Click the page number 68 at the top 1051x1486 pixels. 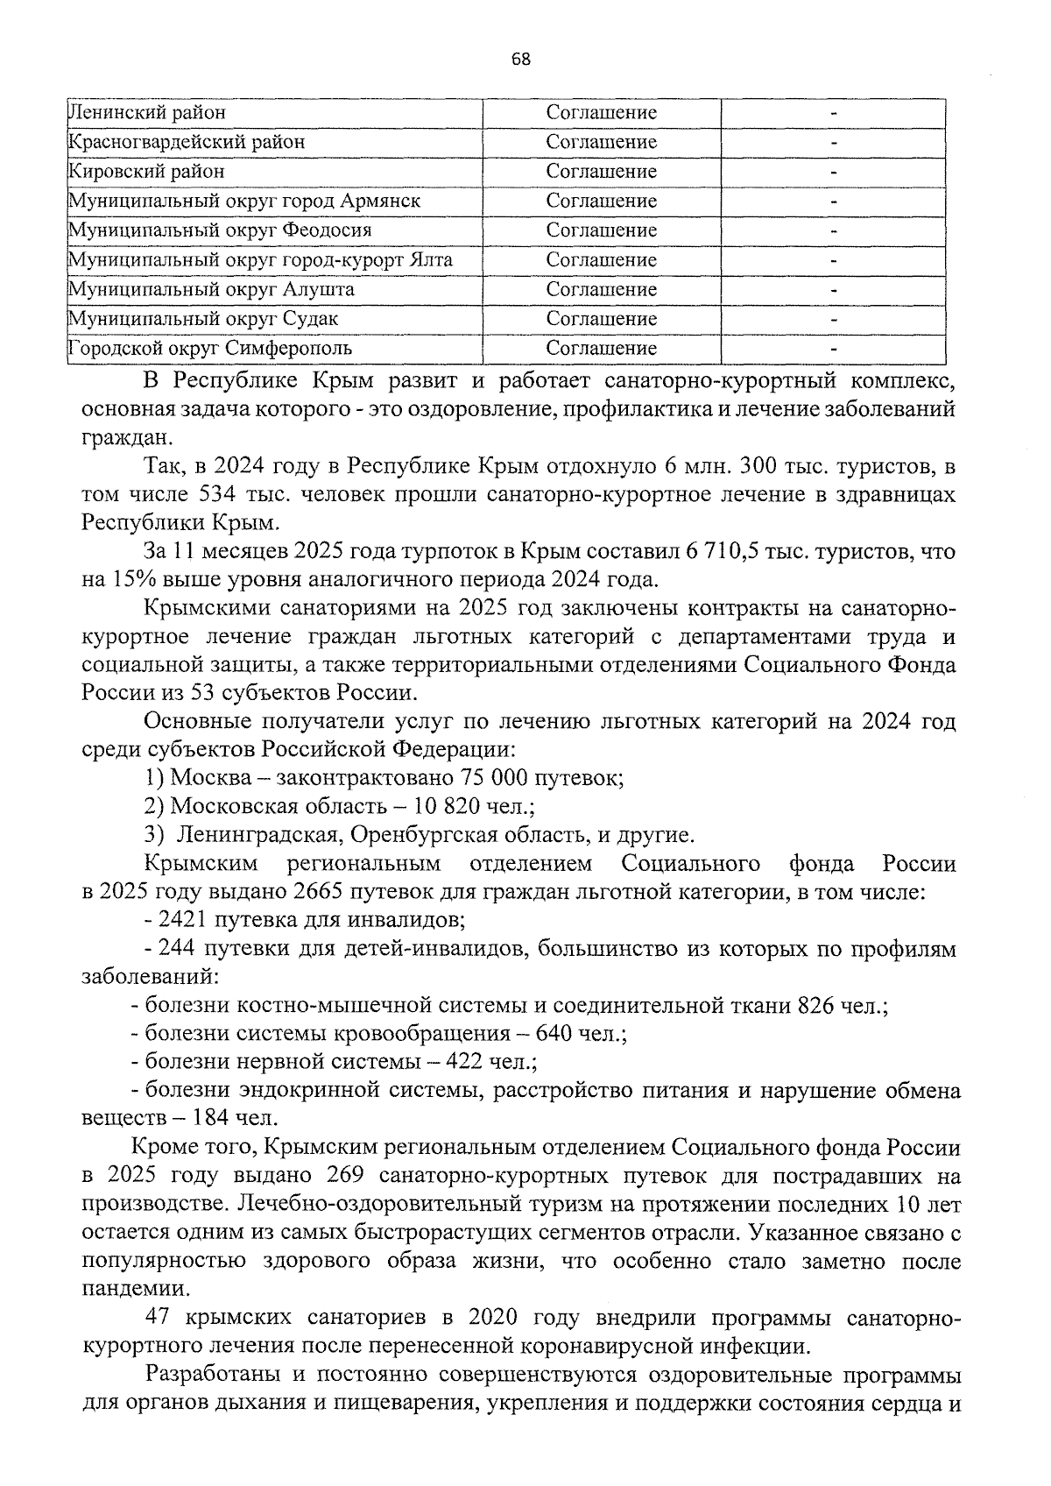coord(520,60)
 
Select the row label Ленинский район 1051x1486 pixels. coord(147,113)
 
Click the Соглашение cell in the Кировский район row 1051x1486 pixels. coord(601,172)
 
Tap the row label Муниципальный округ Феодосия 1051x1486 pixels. coord(220,230)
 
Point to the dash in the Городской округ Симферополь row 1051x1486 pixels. coord(834,349)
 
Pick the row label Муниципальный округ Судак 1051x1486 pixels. coord(203,319)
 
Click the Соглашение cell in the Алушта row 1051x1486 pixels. coord(601,289)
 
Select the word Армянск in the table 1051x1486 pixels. coord(379,201)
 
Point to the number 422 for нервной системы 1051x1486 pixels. coord(467,1063)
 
